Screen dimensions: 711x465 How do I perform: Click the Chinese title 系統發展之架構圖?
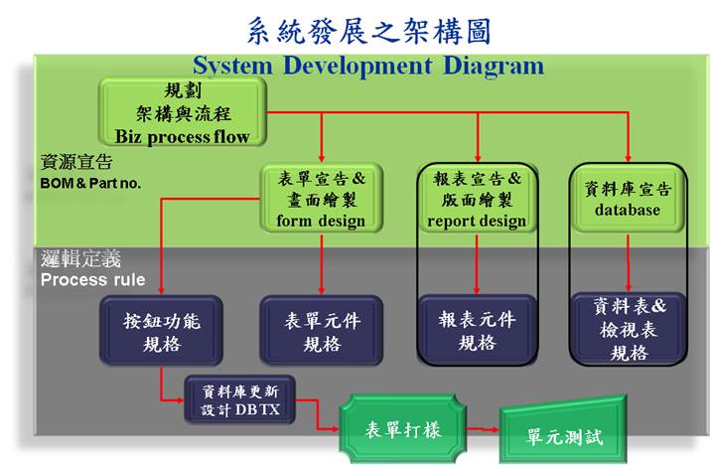(x=369, y=31)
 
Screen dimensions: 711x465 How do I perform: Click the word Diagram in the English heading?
(x=494, y=67)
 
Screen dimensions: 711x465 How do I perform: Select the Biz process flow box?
(x=183, y=112)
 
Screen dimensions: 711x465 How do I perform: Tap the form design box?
(x=322, y=199)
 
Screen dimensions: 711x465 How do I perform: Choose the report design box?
(x=477, y=199)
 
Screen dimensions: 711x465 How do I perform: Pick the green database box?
(x=628, y=199)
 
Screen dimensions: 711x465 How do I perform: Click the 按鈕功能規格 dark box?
(x=162, y=331)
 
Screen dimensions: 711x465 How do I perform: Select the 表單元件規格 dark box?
(x=322, y=331)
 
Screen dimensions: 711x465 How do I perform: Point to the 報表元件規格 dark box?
(x=477, y=330)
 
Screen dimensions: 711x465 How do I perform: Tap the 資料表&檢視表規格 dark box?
(x=629, y=329)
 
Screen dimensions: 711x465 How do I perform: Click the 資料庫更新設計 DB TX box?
(x=240, y=399)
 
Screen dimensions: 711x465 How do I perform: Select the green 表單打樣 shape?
(x=403, y=428)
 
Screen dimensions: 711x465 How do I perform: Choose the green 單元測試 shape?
(x=564, y=430)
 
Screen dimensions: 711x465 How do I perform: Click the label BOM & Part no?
(x=90, y=183)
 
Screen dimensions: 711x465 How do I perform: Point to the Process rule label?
(x=93, y=279)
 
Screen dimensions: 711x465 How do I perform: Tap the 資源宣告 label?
(x=76, y=162)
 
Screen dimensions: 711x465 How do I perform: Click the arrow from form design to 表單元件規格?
(x=322, y=263)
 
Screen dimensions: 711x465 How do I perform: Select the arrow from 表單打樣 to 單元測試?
(x=483, y=428)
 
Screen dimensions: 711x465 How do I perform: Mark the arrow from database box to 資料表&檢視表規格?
(x=628, y=262)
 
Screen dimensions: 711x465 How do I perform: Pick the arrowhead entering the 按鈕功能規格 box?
(x=162, y=290)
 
